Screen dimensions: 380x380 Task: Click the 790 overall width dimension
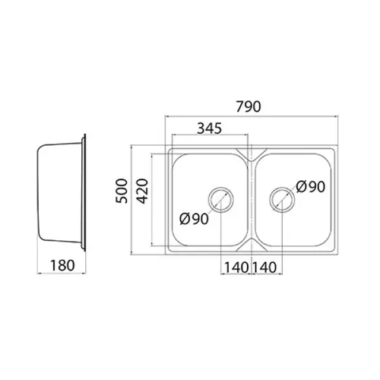[249, 106]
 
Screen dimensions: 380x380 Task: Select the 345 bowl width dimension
[210, 128]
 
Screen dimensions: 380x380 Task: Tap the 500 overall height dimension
[122, 191]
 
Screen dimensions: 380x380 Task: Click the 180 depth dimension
[62, 265]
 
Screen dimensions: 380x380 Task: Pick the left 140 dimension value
[236, 268]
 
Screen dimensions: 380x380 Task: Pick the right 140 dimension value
[264, 268]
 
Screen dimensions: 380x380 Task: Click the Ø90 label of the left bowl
[194, 219]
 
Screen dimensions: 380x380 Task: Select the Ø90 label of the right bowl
[310, 187]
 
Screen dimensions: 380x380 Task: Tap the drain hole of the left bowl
[221, 188]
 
